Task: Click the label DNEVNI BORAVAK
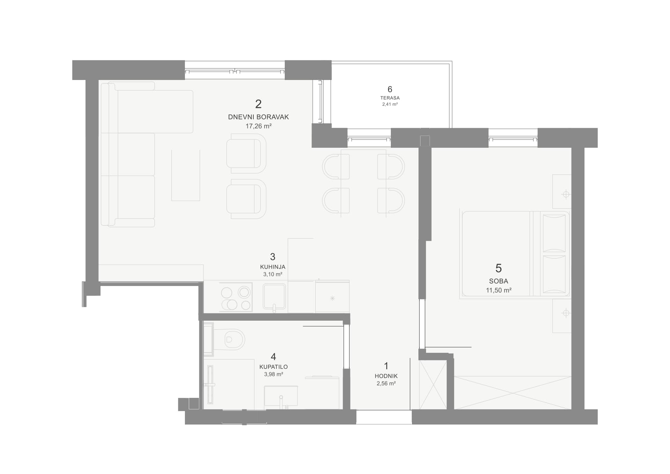pos(258,117)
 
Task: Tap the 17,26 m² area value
pos(258,126)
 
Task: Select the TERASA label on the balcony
pos(390,98)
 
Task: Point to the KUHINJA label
pos(273,267)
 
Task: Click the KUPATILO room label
pos(274,367)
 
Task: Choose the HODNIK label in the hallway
pos(386,376)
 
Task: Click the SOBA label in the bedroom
pos(498,281)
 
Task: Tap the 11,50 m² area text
pos(498,290)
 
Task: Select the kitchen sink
pos(274,297)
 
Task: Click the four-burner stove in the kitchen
pos(236,297)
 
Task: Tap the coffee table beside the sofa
pos(186,175)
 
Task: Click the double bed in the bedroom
pos(515,254)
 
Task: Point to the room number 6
pos(390,89)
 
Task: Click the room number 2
pos(258,104)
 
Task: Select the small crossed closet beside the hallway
pos(433,385)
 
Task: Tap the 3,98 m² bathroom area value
pos(274,374)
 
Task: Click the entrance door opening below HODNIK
pos(384,417)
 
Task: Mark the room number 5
pos(498,268)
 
